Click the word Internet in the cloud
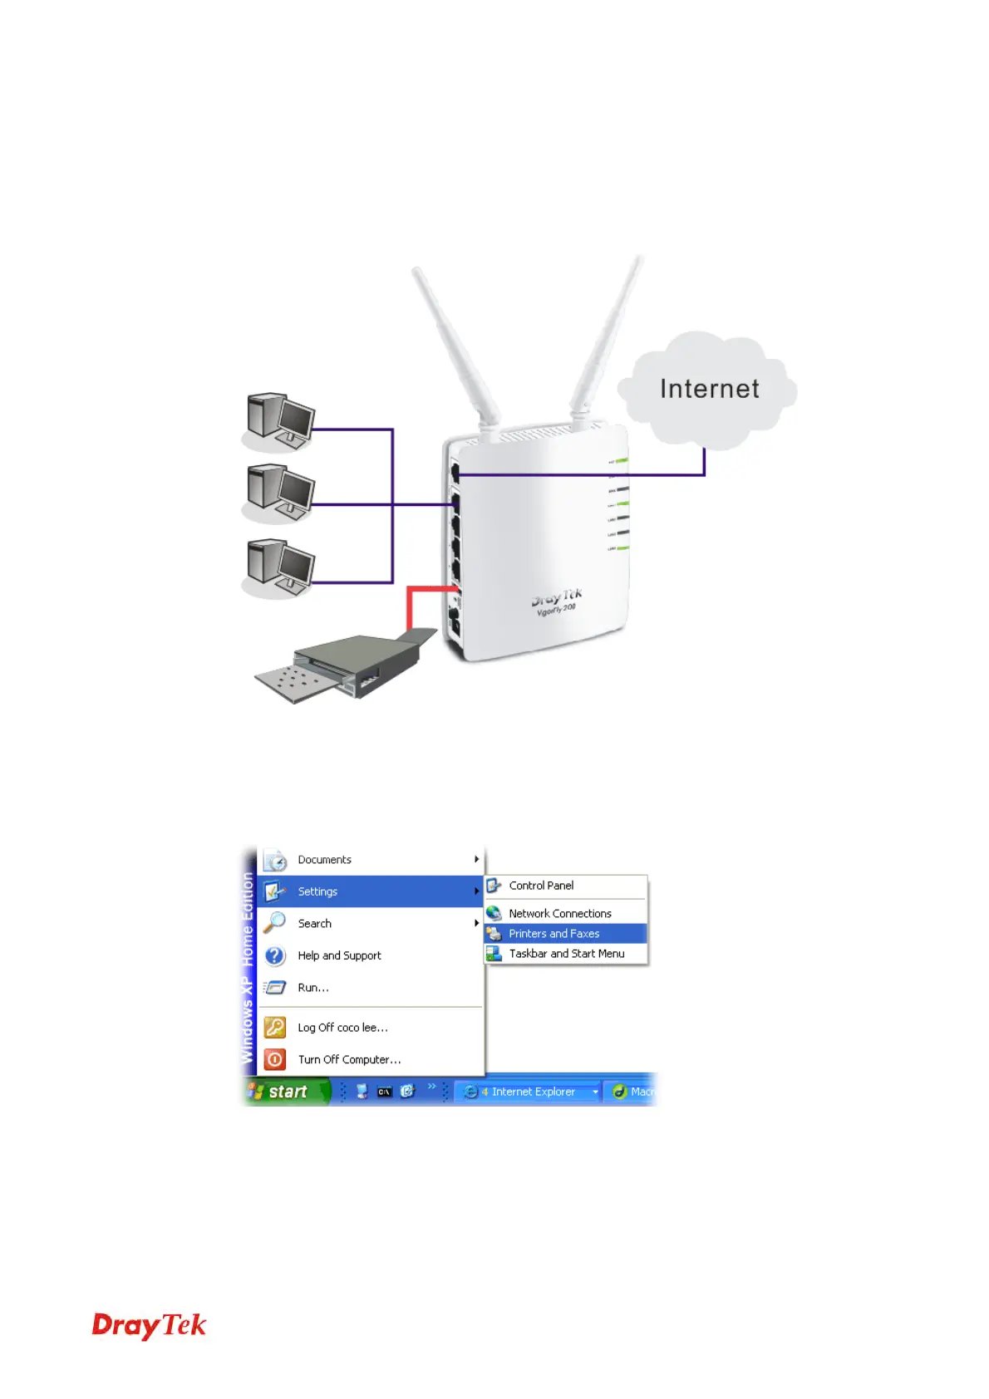click(709, 389)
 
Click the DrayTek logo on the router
click(556, 598)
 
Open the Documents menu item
click(324, 860)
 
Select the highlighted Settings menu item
click(317, 891)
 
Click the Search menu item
click(314, 924)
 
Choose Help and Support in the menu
click(339, 955)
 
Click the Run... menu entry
click(313, 988)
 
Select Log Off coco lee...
click(342, 1028)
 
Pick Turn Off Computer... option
click(349, 1060)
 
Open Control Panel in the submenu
click(541, 886)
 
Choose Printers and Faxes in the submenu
click(554, 934)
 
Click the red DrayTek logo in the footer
click(149, 1326)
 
